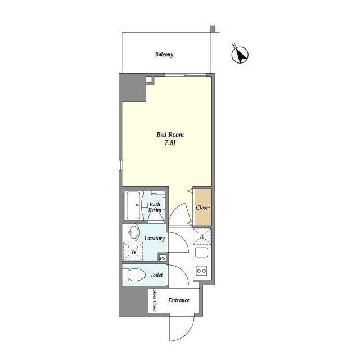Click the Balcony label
[x=164, y=55]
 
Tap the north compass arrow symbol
[x=240, y=55]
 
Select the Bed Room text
[x=170, y=134]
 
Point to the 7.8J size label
[x=170, y=143]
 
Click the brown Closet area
[x=203, y=208]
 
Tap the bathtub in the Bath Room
[x=133, y=205]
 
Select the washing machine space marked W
[x=133, y=251]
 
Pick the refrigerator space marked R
[x=202, y=236]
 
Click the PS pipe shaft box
[x=163, y=258]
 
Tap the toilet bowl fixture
[x=136, y=274]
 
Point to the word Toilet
[x=156, y=275]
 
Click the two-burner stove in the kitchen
[x=201, y=271]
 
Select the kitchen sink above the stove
[x=201, y=252]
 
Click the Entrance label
[x=179, y=300]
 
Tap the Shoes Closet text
[x=155, y=300]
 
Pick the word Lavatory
[x=155, y=238]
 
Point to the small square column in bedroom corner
[x=148, y=79]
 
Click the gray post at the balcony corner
[x=213, y=29]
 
